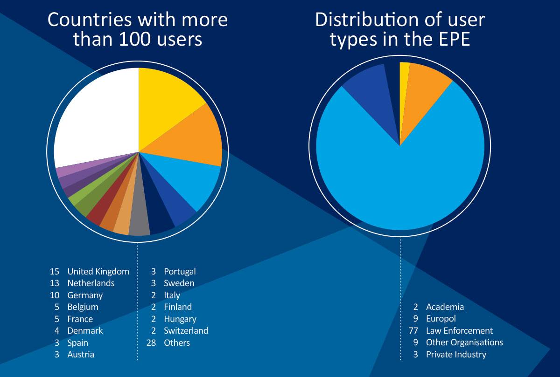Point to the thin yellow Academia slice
pos(404,70)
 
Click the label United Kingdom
pos(98,271)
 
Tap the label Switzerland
pos(186,330)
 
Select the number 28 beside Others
pos(152,343)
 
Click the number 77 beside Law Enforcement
pos(414,330)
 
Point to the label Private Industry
pos(456,354)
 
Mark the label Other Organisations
pos(464,342)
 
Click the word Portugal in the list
pos(180,271)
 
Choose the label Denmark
pos(85,330)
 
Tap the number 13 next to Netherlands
pos(55,283)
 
